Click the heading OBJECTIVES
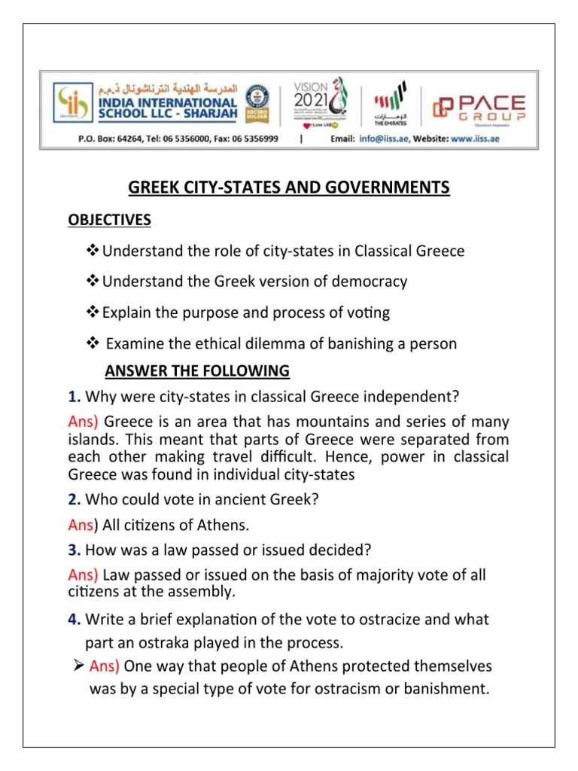[108, 220]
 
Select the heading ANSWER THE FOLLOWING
[197, 370]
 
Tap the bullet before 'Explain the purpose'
[94, 312]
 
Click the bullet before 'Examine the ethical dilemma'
[94, 344]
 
